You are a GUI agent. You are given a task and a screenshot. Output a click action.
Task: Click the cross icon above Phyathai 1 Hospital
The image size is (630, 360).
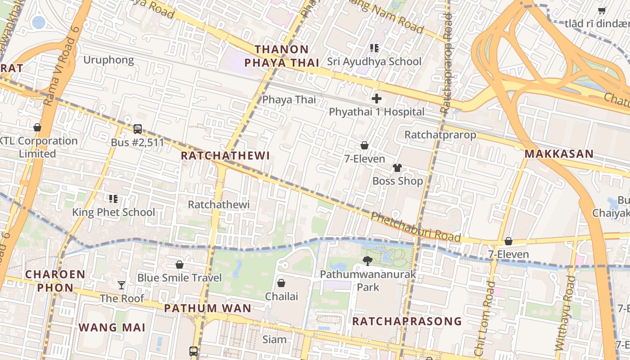click(x=377, y=99)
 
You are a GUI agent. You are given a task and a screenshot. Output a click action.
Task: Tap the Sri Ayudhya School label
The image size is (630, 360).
click(x=374, y=61)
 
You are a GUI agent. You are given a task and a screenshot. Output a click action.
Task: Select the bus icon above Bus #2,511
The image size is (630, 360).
click(x=138, y=129)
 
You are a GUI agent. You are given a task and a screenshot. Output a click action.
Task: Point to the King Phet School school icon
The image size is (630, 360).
click(x=113, y=198)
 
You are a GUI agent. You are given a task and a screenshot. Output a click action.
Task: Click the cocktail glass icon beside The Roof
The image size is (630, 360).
click(x=121, y=285)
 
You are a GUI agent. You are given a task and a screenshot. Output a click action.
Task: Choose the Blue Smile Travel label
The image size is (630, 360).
click(x=180, y=278)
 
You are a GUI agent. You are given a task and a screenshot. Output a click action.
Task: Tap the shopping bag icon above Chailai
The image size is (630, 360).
click(x=281, y=283)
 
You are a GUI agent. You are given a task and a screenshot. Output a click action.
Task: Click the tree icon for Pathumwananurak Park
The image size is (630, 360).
click(x=368, y=261)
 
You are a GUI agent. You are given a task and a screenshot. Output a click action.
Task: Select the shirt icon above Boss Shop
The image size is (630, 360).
click(x=397, y=168)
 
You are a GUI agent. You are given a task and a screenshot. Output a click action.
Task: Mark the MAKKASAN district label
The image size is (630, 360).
click(x=559, y=154)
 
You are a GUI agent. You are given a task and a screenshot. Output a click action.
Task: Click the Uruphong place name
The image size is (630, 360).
click(x=108, y=60)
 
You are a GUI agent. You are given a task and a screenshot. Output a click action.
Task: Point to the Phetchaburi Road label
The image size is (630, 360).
click(x=415, y=227)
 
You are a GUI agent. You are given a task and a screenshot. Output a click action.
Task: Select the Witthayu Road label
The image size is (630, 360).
click(x=566, y=313)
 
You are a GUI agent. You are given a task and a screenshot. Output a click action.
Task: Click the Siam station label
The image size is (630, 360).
click(x=274, y=339)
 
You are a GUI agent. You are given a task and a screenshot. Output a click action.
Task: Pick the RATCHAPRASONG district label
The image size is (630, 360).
click(x=407, y=321)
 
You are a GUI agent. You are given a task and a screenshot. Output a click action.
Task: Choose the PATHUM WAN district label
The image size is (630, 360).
click(x=207, y=308)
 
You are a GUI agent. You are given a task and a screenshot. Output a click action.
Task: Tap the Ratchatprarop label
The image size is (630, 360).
click(x=440, y=135)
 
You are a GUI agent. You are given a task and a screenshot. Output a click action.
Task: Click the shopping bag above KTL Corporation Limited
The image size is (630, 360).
click(x=37, y=128)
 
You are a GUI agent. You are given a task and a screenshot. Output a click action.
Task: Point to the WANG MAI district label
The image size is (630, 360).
click(x=112, y=327)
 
